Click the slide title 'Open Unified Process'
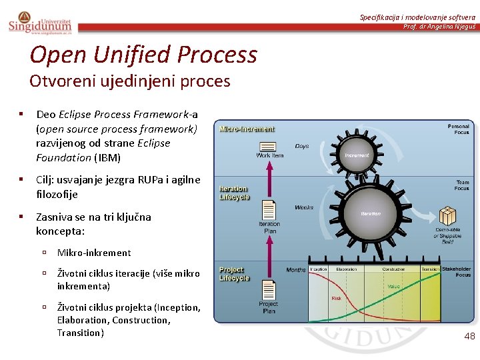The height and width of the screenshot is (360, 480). pos(143,54)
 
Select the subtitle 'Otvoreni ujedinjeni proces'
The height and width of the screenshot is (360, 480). pos(129,81)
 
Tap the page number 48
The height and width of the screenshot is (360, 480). pos(469,337)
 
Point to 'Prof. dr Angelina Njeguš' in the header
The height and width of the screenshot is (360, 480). pos(439,27)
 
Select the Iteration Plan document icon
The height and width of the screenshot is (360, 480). pos(269,210)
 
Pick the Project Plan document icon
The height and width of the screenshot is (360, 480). pos(269,290)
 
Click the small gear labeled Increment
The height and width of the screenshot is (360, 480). pos(357,154)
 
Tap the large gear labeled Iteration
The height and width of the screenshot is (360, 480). pos(370,213)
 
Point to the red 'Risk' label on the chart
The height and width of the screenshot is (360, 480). pos(337,299)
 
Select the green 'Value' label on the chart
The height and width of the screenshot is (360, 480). pos(394,286)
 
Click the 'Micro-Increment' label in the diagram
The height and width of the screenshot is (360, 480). pos(247,129)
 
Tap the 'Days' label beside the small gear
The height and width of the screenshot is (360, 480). pos(302,145)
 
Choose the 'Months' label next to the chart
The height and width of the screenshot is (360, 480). pos(296,270)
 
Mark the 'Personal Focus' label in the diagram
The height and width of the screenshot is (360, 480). pos(458,129)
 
